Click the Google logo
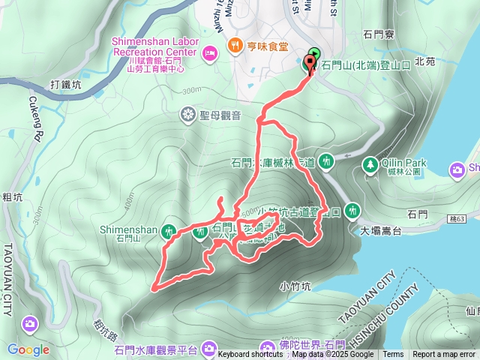28,349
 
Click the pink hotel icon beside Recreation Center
210,52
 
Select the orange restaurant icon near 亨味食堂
235,46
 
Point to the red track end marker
310,64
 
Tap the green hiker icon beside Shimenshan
168,229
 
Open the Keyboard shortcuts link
250,355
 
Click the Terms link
393,355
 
